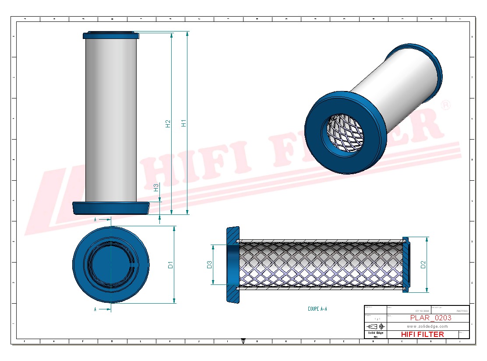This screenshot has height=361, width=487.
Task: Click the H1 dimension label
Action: pyautogui.click(x=184, y=123)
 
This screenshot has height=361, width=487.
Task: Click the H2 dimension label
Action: pyautogui.click(x=168, y=124)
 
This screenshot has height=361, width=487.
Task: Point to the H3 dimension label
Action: pyautogui.click(x=156, y=188)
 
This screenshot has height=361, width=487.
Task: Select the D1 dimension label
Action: pyautogui.click(x=171, y=265)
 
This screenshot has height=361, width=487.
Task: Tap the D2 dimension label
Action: pyautogui.click(x=423, y=264)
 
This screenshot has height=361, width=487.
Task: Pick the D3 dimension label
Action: pyautogui.click(x=210, y=264)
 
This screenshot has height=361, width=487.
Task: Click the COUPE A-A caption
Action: pyautogui.click(x=318, y=309)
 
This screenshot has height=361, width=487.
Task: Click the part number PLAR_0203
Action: pyautogui.click(x=431, y=318)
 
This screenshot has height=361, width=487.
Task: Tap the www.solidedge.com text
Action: pyautogui.click(x=427, y=326)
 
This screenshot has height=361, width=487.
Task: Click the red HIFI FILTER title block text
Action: pyautogui.click(x=422, y=334)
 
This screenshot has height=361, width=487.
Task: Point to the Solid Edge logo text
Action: pyautogui.click(x=375, y=333)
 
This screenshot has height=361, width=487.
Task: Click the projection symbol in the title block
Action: pyautogui.click(x=375, y=326)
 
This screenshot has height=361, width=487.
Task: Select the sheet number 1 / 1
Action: pyautogui.click(x=375, y=319)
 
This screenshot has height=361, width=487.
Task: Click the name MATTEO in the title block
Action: pyautogui.click(x=462, y=311)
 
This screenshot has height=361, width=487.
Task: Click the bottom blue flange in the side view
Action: pyautogui.click(x=111, y=208)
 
